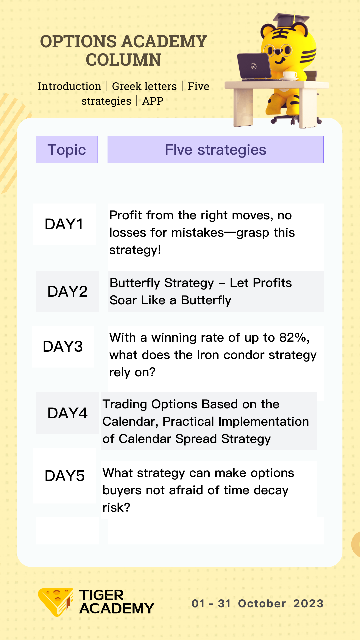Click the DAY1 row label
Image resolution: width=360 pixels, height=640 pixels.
pyautogui.click(x=64, y=224)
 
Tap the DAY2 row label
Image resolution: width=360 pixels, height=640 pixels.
pyautogui.click(x=67, y=292)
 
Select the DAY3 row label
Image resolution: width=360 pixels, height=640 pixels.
pyautogui.click(x=63, y=347)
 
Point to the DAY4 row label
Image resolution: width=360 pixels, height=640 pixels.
pyautogui.click(x=67, y=413)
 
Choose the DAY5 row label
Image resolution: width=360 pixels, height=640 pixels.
pyautogui.click(x=65, y=476)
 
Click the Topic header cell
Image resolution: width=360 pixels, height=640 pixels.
pyautogui.click(x=67, y=150)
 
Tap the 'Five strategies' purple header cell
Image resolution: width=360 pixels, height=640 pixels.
pyautogui.click(x=216, y=150)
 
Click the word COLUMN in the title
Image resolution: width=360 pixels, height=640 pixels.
pyautogui.click(x=124, y=60)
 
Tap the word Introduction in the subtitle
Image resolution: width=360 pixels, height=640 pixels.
pyautogui.click(x=70, y=86)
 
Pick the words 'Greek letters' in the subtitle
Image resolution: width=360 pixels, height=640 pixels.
pyautogui.click(x=144, y=86)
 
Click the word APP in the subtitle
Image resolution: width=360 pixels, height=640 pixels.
pyautogui.click(x=153, y=101)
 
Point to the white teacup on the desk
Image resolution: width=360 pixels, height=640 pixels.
pyautogui.click(x=290, y=76)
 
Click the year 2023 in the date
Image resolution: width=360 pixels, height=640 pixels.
pyautogui.click(x=309, y=603)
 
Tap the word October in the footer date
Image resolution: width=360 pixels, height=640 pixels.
pyautogui.click(x=262, y=603)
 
